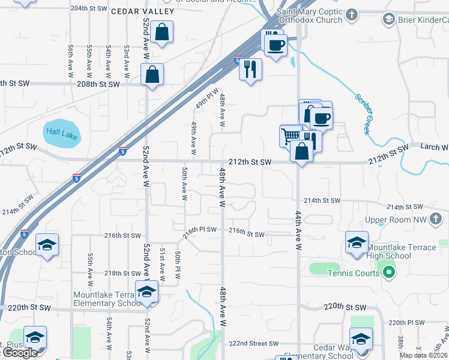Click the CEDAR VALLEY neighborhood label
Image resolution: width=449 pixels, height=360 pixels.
(142, 11)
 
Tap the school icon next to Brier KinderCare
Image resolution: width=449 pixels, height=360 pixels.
(388, 20)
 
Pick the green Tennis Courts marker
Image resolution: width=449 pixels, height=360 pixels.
(388, 274)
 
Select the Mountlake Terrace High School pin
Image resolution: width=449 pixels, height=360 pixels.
(357, 244)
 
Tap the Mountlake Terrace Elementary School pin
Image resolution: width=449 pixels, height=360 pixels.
(145, 292)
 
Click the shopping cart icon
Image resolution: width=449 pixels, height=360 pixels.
(291, 136)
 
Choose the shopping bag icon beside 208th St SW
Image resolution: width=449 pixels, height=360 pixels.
(152, 75)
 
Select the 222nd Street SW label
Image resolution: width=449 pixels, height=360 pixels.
(255, 344)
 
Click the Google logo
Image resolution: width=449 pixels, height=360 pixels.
(20, 353)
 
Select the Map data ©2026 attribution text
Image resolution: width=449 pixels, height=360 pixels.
(424, 355)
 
